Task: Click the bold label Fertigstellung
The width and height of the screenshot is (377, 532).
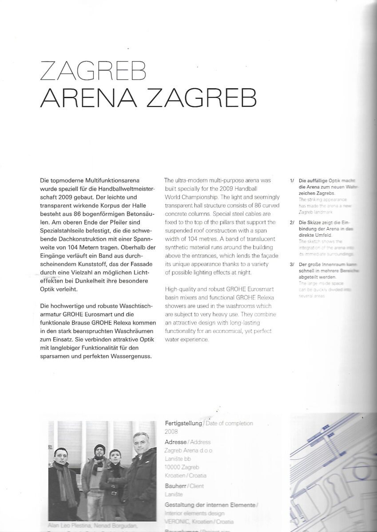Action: pos(183,423)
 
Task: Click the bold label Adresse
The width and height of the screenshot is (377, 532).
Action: pos(175,442)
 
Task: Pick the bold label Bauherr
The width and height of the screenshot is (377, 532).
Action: pos(175,486)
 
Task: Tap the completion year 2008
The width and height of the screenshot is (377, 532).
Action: pos(171,430)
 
